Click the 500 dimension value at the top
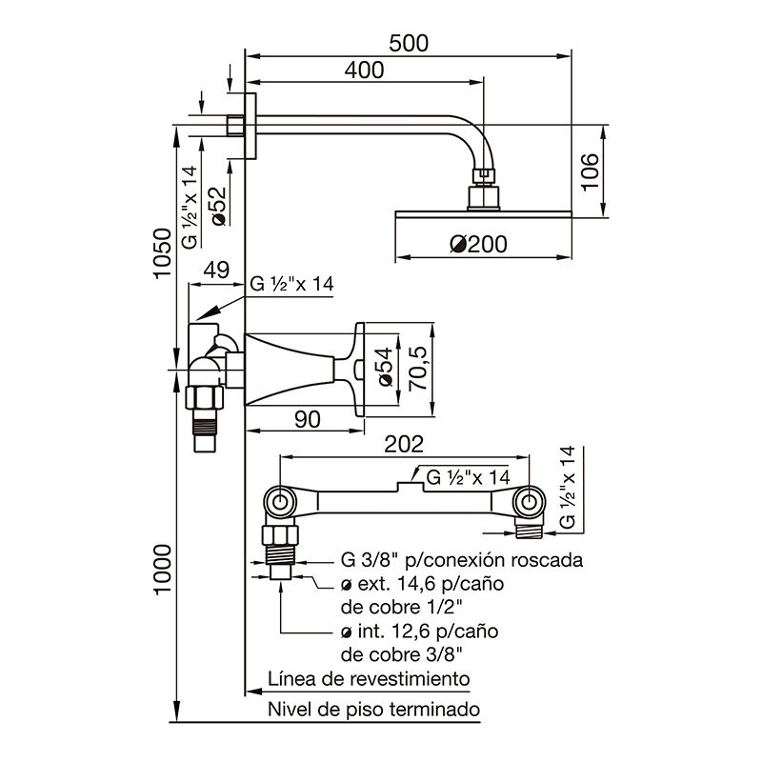tap(409, 43)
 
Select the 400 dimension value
tap(364, 70)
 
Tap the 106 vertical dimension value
tap(590, 172)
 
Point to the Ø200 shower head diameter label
tap(478, 244)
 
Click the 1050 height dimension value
tap(163, 253)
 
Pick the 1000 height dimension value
tap(163, 569)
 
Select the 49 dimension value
tap(216, 270)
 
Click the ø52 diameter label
tap(219, 207)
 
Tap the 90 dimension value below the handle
tap(307, 419)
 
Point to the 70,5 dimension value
tap(418, 368)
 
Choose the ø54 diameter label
tap(386, 367)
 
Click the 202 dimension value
tap(404, 444)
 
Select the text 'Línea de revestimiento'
tap(369, 678)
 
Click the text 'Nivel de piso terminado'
tap(373, 709)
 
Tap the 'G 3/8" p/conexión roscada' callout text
tap(462, 560)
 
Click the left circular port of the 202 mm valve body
tap(279, 502)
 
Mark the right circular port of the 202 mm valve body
tap(530, 502)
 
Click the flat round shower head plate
tap(483, 213)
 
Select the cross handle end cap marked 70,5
tap(360, 370)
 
